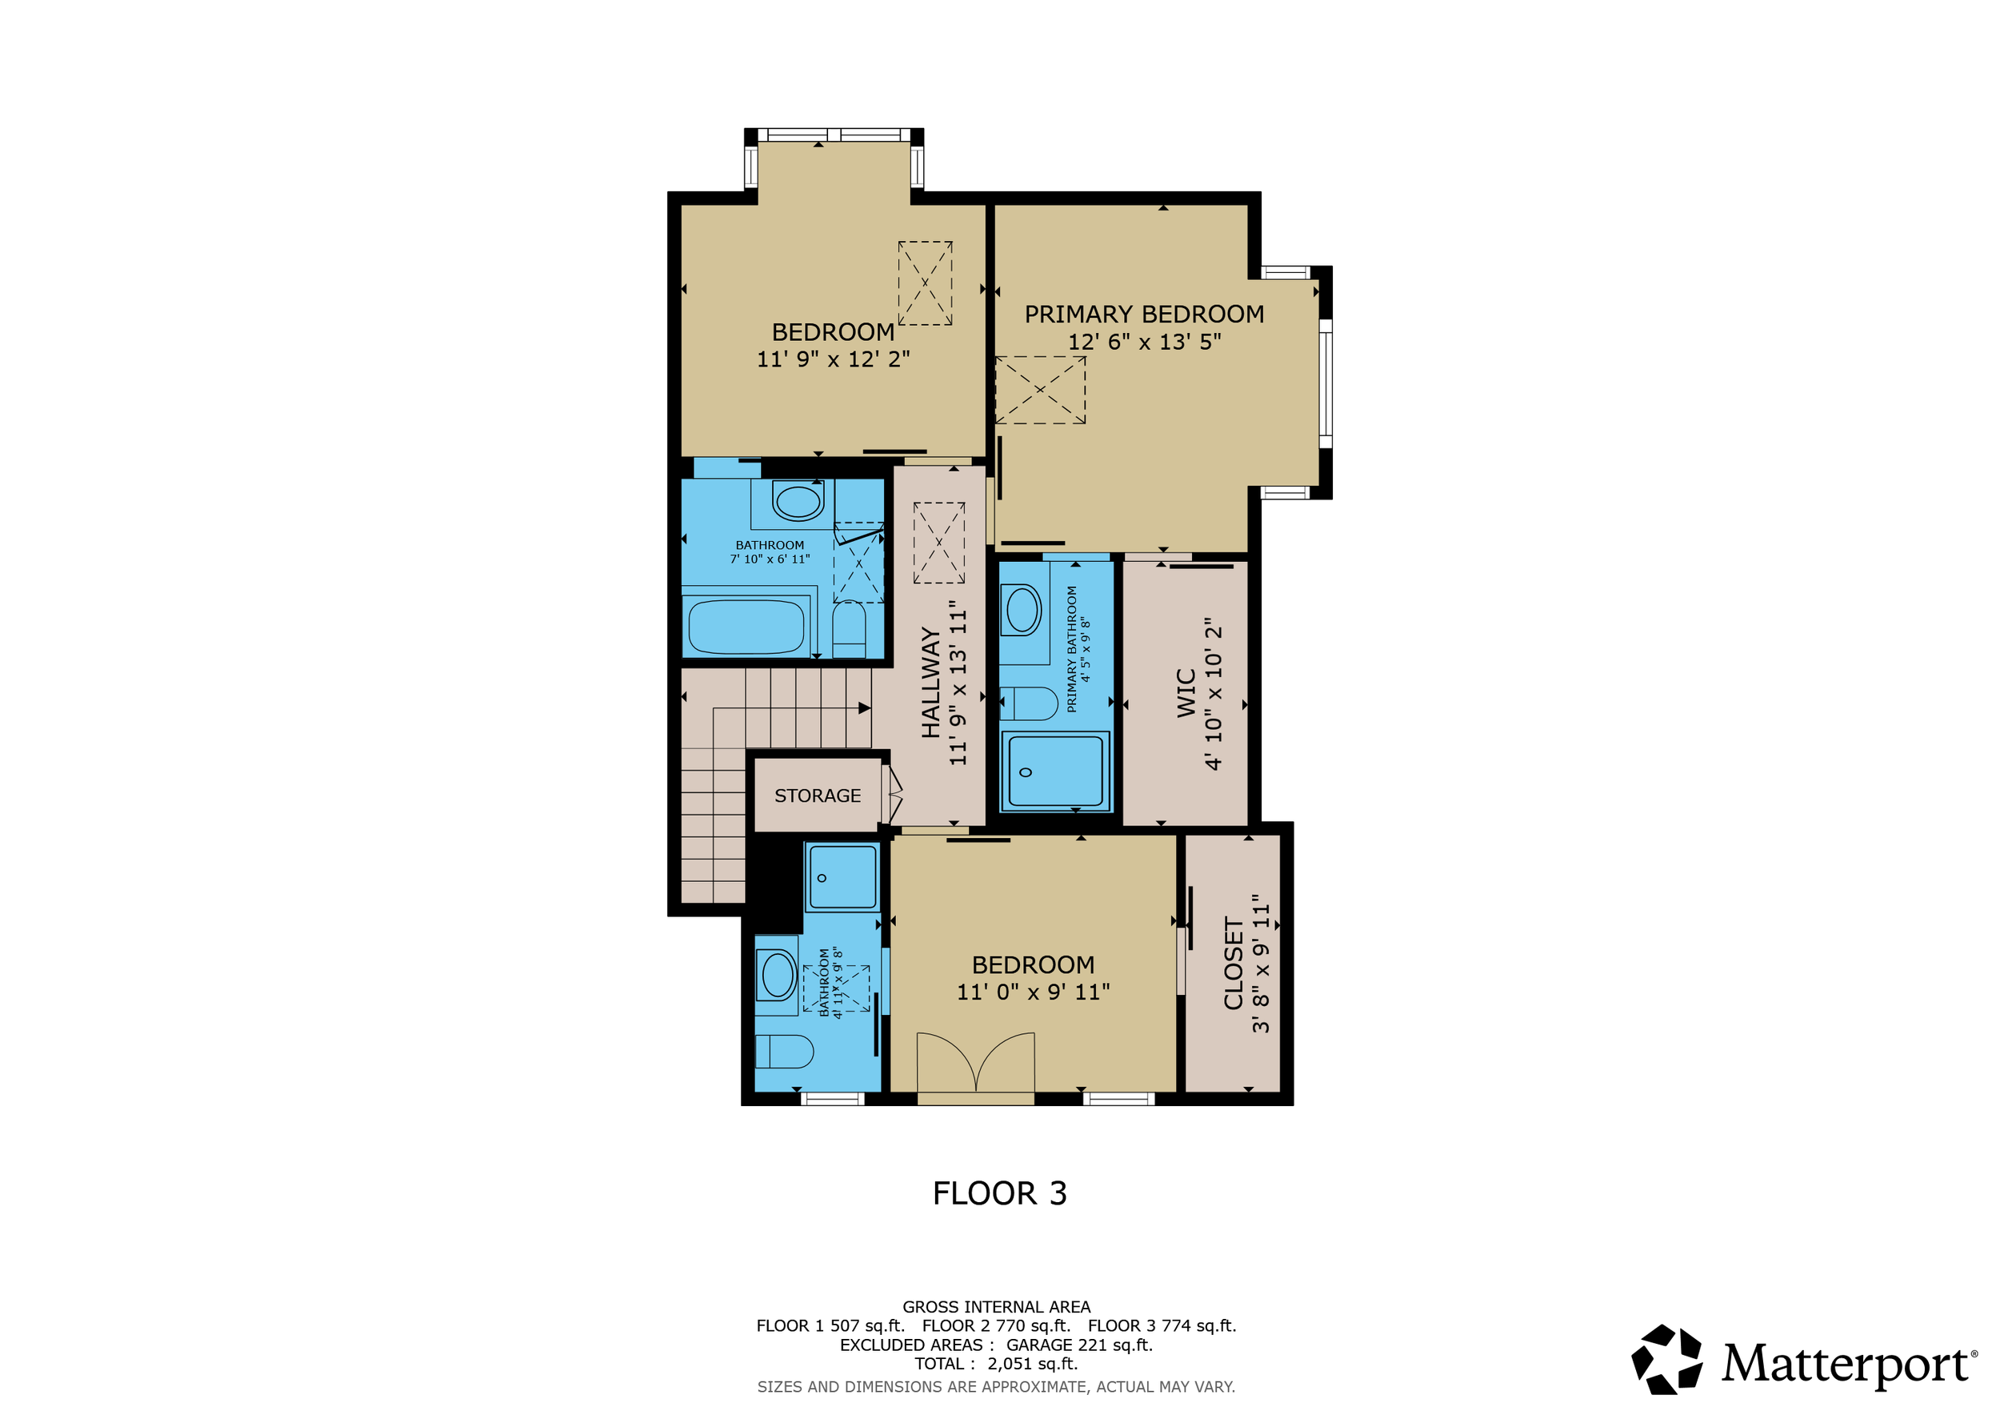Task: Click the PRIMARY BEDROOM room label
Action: coord(1144,315)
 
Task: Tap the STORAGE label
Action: coord(817,796)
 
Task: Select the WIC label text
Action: coord(1186,694)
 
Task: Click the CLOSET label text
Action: coord(1234,963)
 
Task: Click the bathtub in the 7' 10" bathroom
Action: coord(746,627)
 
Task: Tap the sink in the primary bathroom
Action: coord(1022,609)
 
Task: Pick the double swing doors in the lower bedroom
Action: coord(976,1062)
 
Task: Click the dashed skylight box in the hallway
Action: coord(939,543)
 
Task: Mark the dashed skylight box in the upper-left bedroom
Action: coord(925,283)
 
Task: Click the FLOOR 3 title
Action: coord(999,1193)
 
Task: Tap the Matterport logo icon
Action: coord(1666,1360)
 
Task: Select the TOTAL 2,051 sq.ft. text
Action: coord(996,1365)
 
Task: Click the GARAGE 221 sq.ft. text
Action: coord(1079,1345)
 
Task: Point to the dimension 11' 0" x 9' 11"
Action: coord(1033,992)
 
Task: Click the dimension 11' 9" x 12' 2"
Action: coord(833,359)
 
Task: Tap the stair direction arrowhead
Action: coord(865,708)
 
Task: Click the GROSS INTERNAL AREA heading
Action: coord(996,1307)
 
